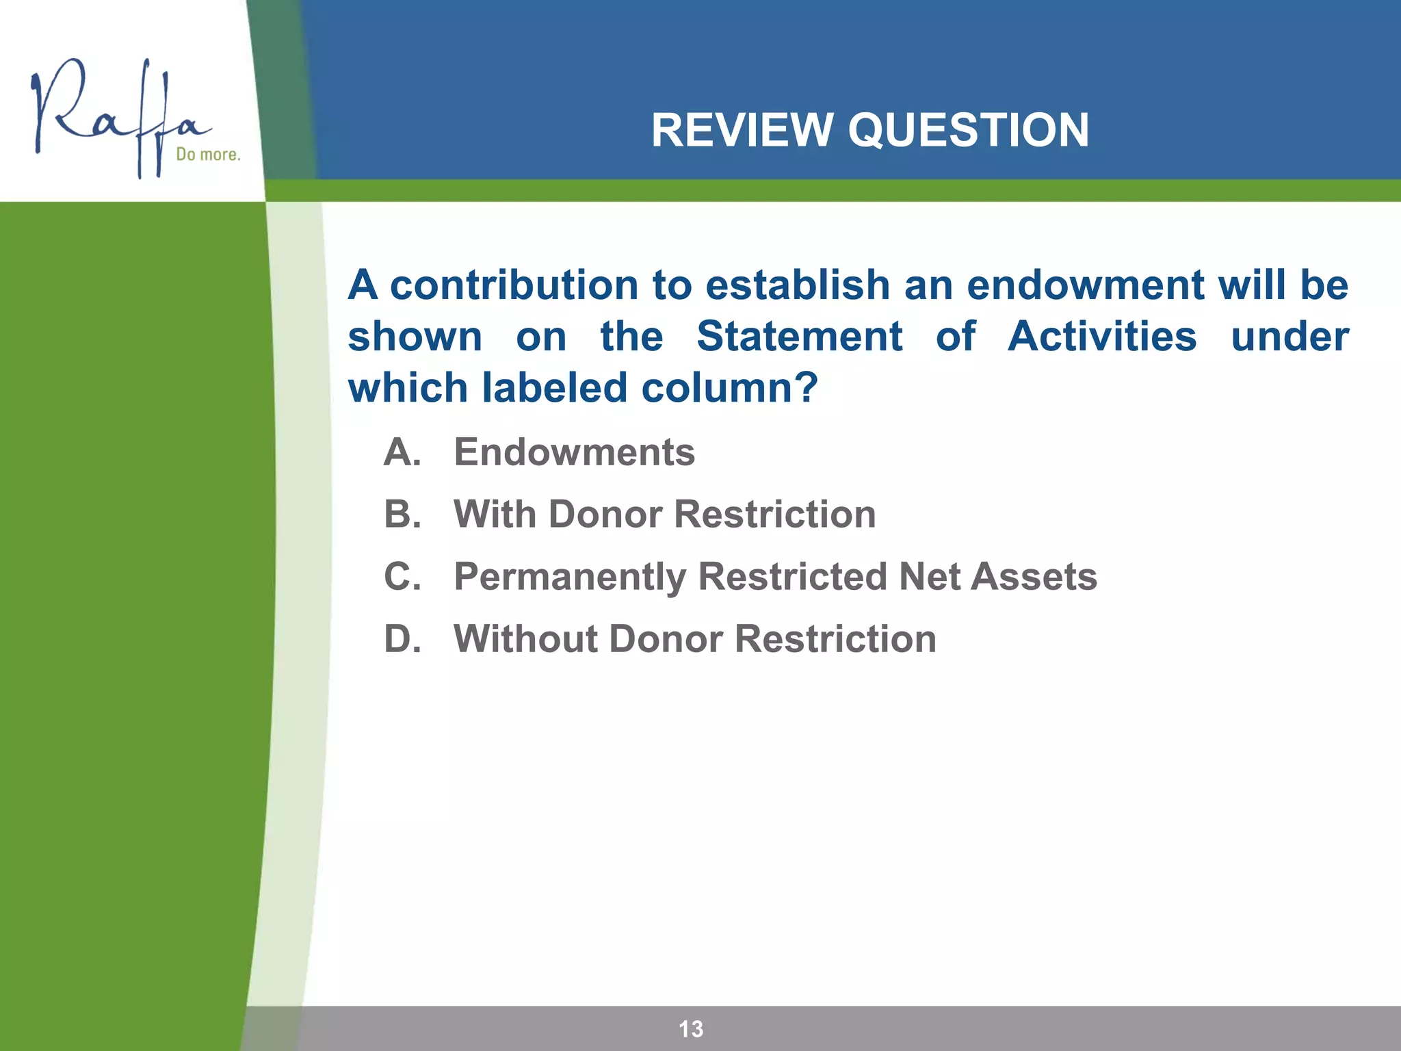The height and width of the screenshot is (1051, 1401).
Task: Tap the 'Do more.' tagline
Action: (x=208, y=155)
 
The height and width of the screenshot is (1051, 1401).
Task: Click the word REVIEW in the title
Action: (x=742, y=130)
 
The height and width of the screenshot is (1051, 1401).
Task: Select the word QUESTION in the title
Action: (x=968, y=130)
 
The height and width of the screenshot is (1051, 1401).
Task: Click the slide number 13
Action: (x=690, y=1028)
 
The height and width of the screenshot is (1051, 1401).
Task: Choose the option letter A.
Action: (x=402, y=452)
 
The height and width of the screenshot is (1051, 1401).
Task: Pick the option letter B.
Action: (x=402, y=515)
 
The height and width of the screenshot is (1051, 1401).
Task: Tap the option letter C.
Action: (x=402, y=576)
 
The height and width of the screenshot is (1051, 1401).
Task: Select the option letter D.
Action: (x=402, y=639)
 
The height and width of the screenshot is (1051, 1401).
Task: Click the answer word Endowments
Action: (x=574, y=452)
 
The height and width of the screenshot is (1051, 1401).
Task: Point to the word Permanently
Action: (x=569, y=577)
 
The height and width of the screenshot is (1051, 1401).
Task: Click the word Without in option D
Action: (x=523, y=639)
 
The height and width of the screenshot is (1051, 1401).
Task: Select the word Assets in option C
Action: (x=1034, y=576)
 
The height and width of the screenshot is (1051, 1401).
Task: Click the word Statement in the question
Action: (x=799, y=337)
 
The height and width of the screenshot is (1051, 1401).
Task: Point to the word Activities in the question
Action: (x=1101, y=337)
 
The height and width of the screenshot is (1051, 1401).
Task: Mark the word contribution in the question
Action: (x=514, y=285)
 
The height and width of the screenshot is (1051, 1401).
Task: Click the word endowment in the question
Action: (x=1085, y=285)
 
